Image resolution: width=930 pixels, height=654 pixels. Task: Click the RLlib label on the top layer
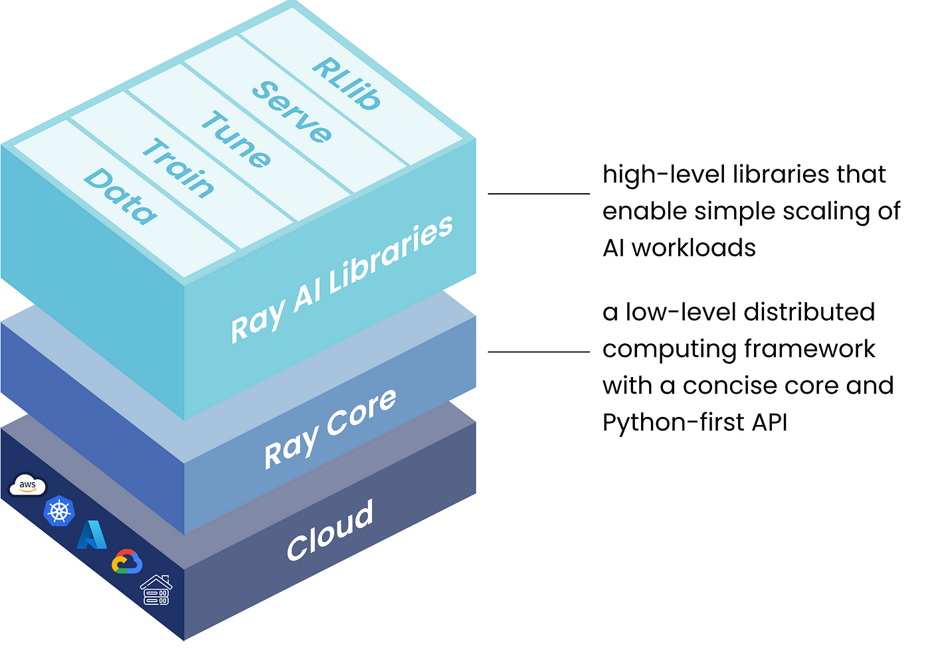[x=346, y=84]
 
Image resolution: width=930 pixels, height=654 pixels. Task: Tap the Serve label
[x=292, y=112]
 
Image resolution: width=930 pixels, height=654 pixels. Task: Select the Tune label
[x=236, y=139]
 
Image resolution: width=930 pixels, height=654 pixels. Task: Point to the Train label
[x=179, y=167]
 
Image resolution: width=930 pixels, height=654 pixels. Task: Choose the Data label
[x=120, y=197]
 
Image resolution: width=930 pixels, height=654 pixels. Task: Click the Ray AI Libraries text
[x=341, y=280]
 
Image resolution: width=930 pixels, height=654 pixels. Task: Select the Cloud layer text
[x=330, y=530]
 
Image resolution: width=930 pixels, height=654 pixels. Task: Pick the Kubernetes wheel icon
[x=59, y=511]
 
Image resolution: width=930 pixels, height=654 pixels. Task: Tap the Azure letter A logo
[x=92, y=535]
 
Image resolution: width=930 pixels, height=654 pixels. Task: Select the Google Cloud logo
[x=127, y=562]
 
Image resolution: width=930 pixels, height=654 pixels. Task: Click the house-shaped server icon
[x=156, y=590]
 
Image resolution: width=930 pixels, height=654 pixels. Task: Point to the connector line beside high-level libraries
[x=539, y=193]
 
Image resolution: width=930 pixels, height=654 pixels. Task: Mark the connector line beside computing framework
[x=539, y=352]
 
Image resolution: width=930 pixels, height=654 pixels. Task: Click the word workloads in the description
[x=694, y=248]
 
